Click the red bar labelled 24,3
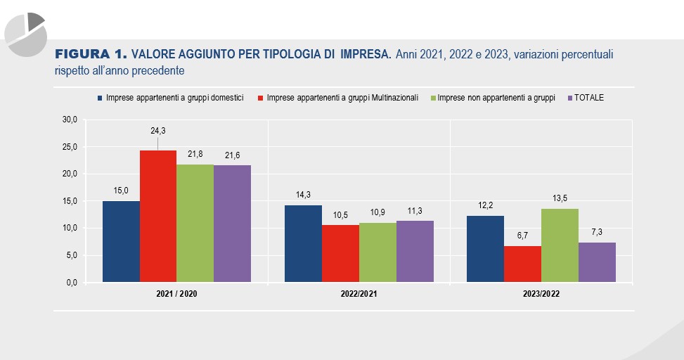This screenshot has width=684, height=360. click(x=158, y=217)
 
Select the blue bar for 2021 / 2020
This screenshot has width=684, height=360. click(x=121, y=242)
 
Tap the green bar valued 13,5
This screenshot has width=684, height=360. click(x=560, y=245)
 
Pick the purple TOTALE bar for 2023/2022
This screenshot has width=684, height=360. click(x=597, y=262)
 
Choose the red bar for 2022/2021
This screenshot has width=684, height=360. click(x=340, y=254)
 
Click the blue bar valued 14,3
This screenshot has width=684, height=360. click(x=303, y=243)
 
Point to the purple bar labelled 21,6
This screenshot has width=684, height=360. click(x=232, y=224)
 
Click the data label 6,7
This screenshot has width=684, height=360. click(x=522, y=236)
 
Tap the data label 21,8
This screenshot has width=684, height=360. click(x=195, y=154)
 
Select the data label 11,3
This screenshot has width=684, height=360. click(x=415, y=211)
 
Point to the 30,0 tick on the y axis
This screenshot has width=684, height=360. click(x=70, y=120)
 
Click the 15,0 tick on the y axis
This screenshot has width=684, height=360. click(x=70, y=201)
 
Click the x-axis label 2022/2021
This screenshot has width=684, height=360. click(x=359, y=293)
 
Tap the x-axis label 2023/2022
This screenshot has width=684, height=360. click(x=541, y=293)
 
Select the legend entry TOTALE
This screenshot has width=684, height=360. click(x=588, y=98)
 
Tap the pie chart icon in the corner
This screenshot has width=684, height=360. click(x=25, y=33)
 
